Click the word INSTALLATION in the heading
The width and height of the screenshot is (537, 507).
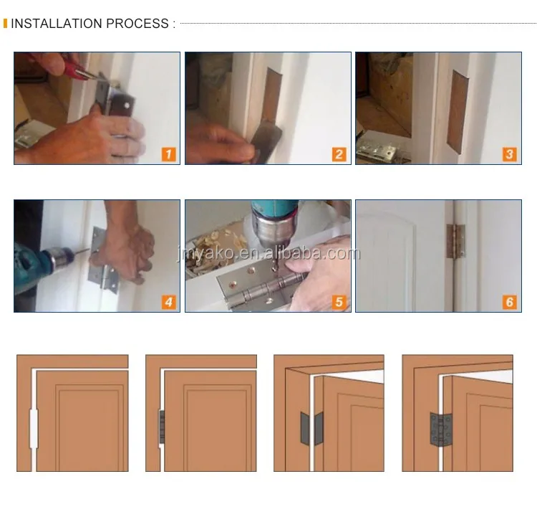[x=57, y=24]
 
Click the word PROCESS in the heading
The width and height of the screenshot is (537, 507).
[x=137, y=24]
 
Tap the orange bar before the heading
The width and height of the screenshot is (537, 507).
[x=5, y=24]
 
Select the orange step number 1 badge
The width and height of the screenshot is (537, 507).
[x=169, y=154]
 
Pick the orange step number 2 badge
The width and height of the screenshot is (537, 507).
[x=339, y=154]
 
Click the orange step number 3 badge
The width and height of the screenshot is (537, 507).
[x=510, y=154]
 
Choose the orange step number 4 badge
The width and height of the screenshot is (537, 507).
[x=169, y=302]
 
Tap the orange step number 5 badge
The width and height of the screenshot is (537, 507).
[x=339, y=302]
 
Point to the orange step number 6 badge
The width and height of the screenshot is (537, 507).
[x=510, y=302]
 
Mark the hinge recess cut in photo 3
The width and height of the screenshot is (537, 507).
[x=458, y=112]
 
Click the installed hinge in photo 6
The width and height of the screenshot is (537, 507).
[x=455, y=241]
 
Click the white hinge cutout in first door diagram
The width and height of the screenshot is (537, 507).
[x=34, y=428]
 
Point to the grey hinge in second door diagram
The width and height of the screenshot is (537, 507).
[x=162, y=427]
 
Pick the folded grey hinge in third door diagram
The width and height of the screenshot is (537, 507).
[x=311, y=428]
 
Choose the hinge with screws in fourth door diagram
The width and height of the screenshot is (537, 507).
[x=441, y=430]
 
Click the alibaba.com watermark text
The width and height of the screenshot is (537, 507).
[x=268, y=254]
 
